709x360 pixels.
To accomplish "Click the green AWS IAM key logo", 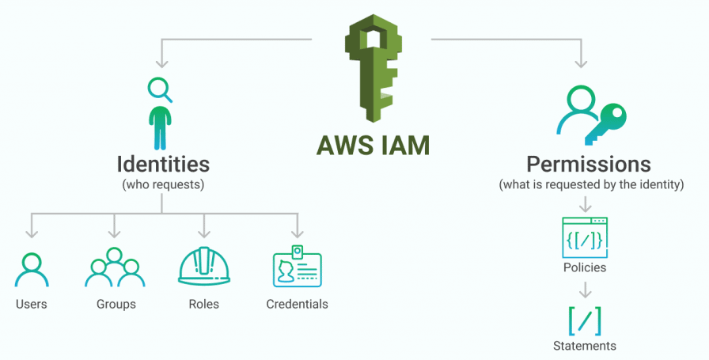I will click(373, 68).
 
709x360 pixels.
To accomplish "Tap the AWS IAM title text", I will click(373, 146).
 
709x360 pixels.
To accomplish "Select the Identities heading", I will click(163, 164).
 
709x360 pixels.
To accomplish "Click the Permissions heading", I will click(589, 165).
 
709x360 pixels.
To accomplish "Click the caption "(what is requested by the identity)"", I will click(591, 184).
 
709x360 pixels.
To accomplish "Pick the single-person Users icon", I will click(32, 270).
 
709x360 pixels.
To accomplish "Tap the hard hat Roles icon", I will click(204, 267).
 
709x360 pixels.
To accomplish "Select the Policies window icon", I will click(585, 237).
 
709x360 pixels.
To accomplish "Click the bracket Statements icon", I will click(585, 320).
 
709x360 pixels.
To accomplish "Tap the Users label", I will click(32, 304).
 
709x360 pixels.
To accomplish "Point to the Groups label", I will click(116, 304).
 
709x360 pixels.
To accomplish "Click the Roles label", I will click(204, 304).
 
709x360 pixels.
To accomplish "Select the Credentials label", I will click(297, 304).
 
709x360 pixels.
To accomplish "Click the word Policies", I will click(585, 267).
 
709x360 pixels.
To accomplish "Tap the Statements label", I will click(585, 346).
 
